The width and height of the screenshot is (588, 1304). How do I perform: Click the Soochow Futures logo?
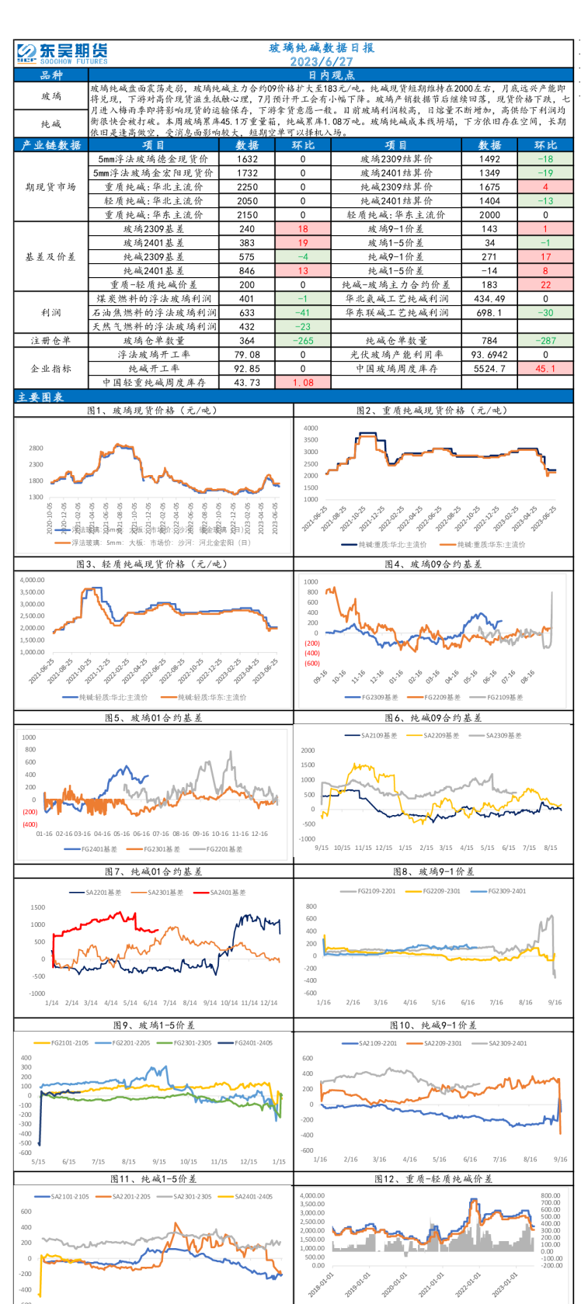tap(63, 53)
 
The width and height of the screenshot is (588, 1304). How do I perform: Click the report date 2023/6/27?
tap(322, 61)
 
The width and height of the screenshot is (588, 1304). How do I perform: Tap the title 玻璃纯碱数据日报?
tap(322, 48)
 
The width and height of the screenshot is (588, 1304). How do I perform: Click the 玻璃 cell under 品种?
tap(51, 96)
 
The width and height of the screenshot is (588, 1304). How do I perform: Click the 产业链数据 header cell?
tap(51, 145)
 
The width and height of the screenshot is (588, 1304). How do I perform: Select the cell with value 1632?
tap(247, 159)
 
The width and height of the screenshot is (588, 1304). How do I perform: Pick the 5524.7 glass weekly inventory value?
tap(489, 369)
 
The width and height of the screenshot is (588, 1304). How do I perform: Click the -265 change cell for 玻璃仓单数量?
tap(303, 341)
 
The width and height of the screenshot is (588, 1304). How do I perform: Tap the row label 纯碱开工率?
tap(154, 369)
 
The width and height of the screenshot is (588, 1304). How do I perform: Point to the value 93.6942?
tap(489, 355)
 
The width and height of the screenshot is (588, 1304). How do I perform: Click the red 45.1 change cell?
tap(545, 369)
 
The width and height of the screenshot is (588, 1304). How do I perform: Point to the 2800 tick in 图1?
tap(36, 448)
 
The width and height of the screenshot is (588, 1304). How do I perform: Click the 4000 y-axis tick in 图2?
tap(311, 428)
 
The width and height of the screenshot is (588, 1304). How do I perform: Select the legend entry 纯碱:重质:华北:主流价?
tap(392, 545)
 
